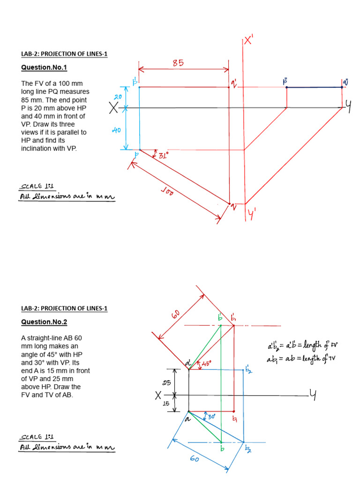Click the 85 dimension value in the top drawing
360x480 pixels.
pos(178,62)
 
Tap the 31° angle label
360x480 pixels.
pos(163,156)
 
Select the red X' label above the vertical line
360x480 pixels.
pos(248,41)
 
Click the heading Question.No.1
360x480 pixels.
pos(44,67)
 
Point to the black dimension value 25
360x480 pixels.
pos(167,383)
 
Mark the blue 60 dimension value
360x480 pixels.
pos(194,459)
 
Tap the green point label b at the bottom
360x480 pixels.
pos(223,449)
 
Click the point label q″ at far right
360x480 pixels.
pos(345,82)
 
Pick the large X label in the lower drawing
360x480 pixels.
pos(158,396)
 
